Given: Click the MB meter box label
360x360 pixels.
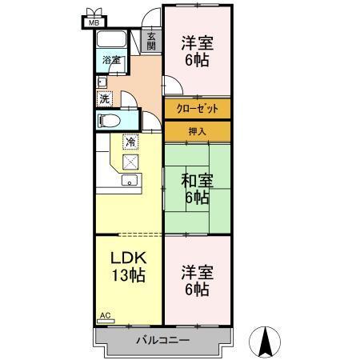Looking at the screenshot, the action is tap(94, 23).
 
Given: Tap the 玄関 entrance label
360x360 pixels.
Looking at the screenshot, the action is tap(151, 41).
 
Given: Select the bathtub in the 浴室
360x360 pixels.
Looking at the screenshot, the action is tap(111, 40).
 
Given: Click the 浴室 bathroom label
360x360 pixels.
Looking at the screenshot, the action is tap(111, 60).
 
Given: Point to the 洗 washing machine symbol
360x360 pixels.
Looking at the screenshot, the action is tap(105, 99).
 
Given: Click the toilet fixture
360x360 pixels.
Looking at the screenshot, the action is tap(109, 121).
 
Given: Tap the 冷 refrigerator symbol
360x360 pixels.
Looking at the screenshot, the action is tap(130, 142).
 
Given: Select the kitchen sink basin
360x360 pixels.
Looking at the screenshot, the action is tap(130, 180).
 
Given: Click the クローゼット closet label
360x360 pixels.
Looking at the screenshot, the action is tap(198, 109).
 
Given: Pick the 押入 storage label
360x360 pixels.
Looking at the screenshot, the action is tap(198, 131).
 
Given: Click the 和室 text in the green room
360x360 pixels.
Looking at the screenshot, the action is tap(198, 181).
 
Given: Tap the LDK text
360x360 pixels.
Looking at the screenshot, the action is tap(129, 258).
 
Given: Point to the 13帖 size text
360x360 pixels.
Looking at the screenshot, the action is tap(129, 275).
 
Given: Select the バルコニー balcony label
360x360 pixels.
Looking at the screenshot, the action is tap(163, 340).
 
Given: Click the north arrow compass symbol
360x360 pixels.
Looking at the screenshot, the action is tap(265, 342).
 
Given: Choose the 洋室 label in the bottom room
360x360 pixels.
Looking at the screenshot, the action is tap(198, 272).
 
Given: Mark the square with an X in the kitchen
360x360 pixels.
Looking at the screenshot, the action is tap(130, 162).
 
